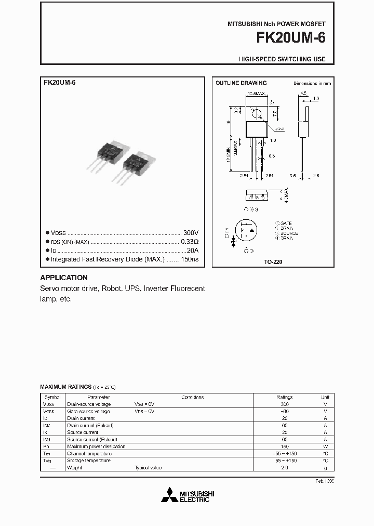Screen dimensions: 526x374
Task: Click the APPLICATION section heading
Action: [x=63, y=278]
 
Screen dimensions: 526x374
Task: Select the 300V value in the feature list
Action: [x=191, y=233]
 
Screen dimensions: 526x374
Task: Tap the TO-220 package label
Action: [x=273, y=262]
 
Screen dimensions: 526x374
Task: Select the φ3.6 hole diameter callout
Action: [x=279, y=127]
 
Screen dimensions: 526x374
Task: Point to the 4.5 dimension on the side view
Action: [x=303, y=94]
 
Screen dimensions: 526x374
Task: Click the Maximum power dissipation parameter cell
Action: [x=96, y=446]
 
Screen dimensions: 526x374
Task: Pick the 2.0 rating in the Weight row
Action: [x=284, y=468]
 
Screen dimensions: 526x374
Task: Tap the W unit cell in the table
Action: [x=325, y=446]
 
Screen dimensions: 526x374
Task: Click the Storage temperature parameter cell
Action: [x=89, y=461]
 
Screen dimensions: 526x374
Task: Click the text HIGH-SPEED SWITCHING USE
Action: [x=282, y=59]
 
